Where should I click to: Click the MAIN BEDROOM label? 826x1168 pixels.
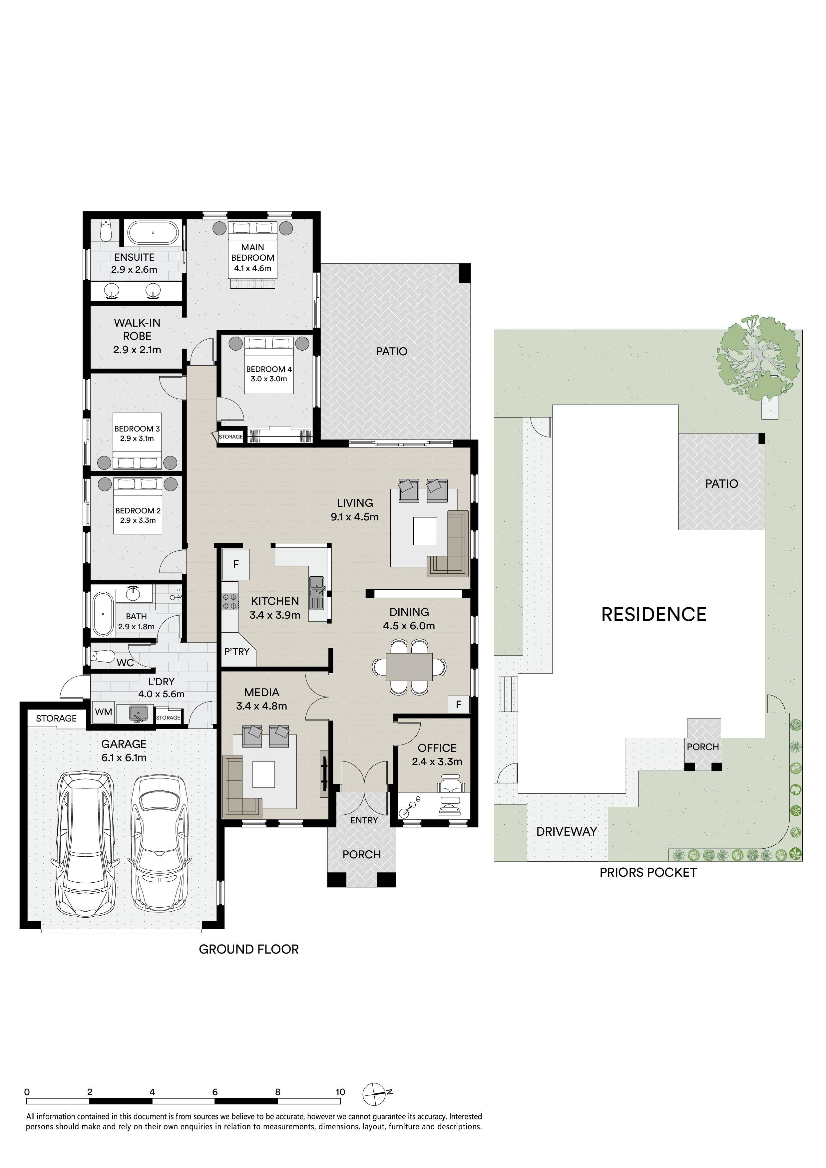[252, 252]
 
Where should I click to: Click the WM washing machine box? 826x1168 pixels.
[103, 712]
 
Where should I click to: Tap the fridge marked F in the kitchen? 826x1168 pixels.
[235, 564]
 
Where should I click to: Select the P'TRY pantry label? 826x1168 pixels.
[237, 652]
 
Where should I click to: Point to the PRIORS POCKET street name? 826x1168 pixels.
[648, 872]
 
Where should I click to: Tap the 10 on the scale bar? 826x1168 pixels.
[340, 1092]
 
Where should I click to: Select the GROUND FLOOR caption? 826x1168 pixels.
[248, 949]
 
